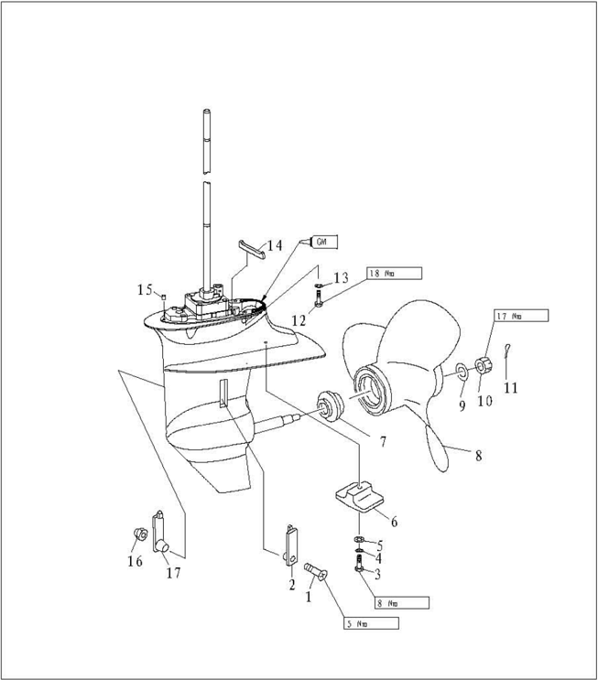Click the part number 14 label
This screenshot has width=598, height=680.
pos(274,245)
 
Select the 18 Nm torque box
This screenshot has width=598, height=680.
pos(394,273)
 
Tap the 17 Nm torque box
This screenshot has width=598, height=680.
pos(521,316)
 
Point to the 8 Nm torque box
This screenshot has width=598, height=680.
pos(401,603)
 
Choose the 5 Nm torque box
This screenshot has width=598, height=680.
pos(372,623)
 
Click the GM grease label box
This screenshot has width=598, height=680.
pos(325,242)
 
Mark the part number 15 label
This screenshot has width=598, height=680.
pos(145,290)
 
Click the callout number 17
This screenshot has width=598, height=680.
pos(172,574)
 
